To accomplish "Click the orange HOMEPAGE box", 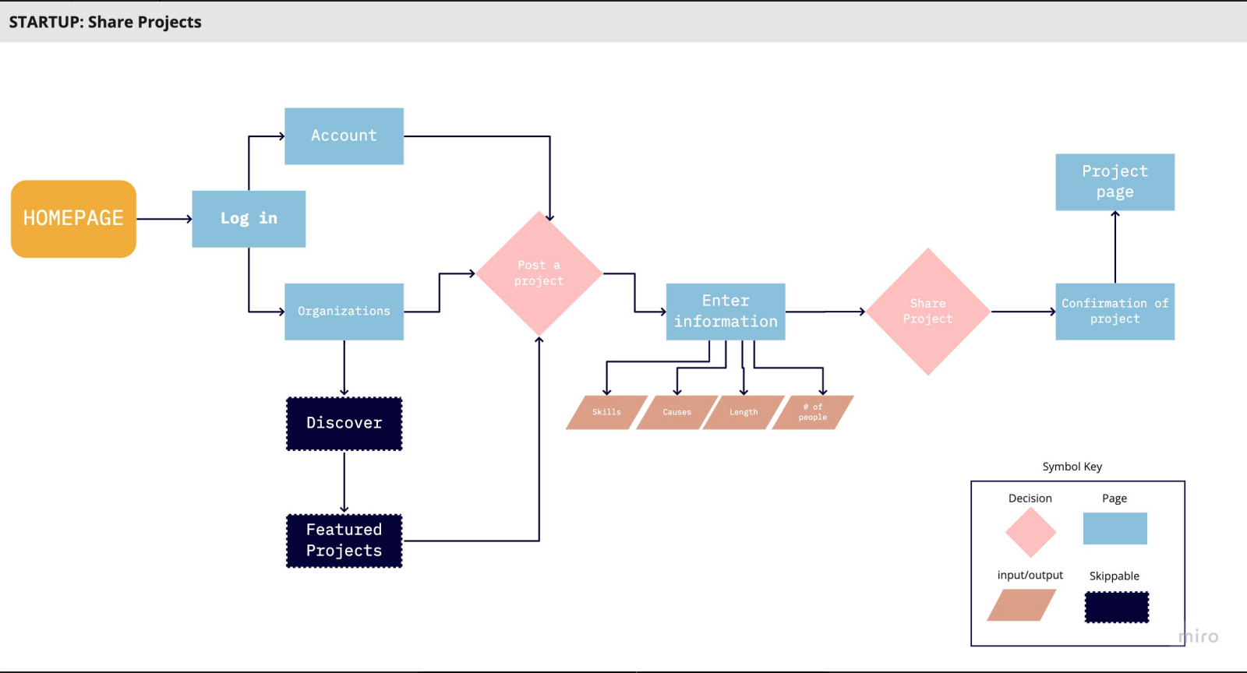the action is (73, 219).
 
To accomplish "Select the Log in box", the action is (249, 219).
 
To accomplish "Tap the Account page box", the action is (344, 136).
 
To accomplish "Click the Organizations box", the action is (344, 312).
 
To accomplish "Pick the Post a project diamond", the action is (539, 273).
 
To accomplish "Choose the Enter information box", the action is (726, 312).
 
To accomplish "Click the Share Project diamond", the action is (928, 312).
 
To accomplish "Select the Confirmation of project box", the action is (1115, 312).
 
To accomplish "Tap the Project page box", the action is (1115, 181).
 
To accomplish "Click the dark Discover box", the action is (344, 423).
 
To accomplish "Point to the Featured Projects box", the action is (344, 541).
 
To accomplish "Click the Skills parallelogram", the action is (607, 412).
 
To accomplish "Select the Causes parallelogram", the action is (677, 412).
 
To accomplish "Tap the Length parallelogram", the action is (744, 412).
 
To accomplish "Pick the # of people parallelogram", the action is (813, 412).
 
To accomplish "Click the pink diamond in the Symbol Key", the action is (1030, 532).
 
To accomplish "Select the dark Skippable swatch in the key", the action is (1117, 607).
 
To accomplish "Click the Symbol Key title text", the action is (1072, 467).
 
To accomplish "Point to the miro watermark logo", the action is (1199, 636).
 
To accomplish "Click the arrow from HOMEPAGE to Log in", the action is (164, 219).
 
